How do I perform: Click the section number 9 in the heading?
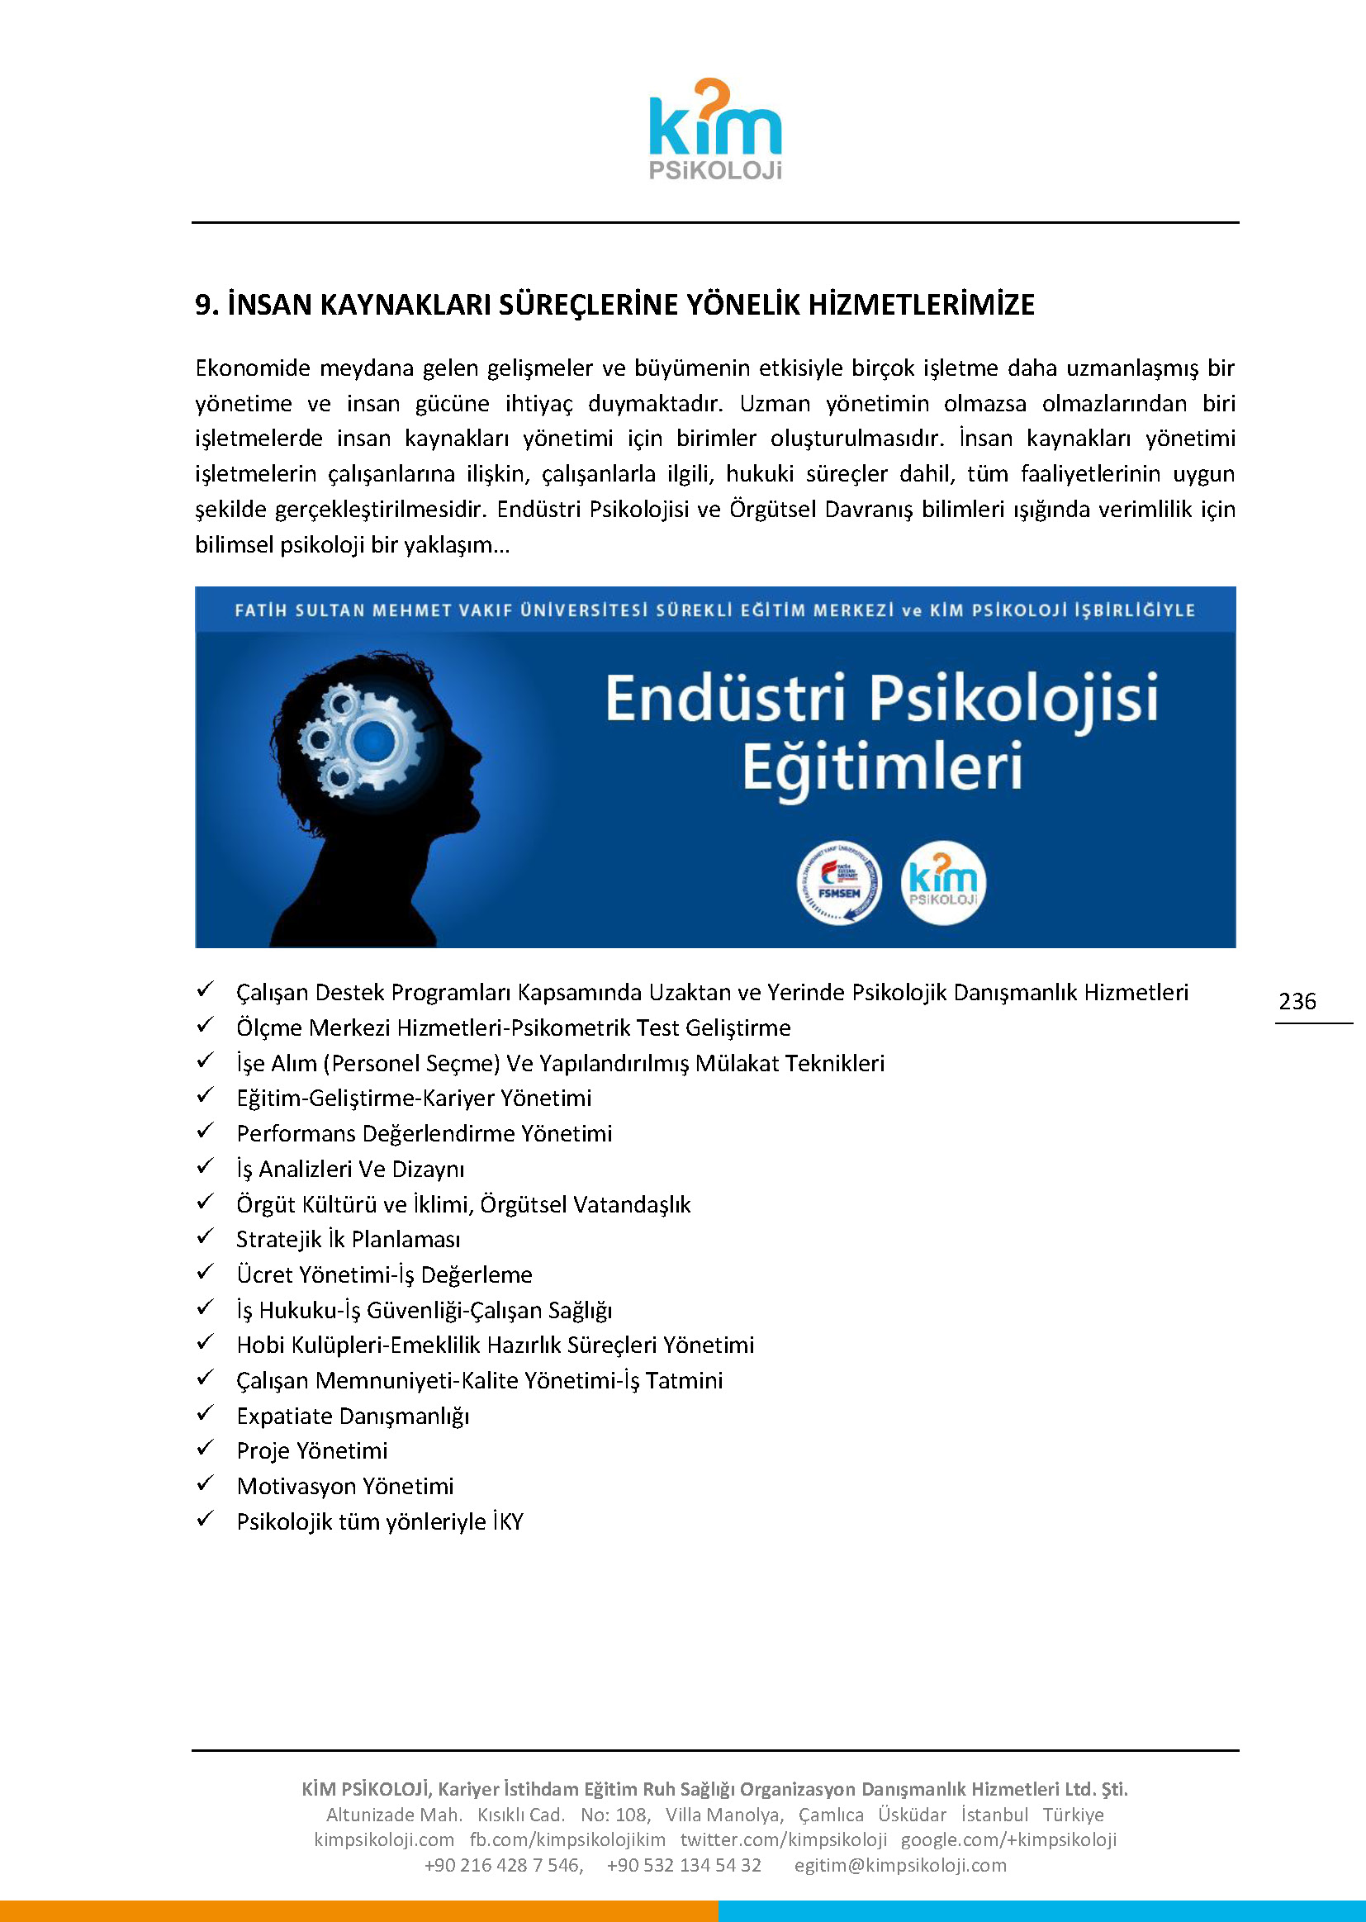(x=202, y=305)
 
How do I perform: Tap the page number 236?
(x=1296, y=1001)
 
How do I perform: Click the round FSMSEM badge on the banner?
(x=838, y=882)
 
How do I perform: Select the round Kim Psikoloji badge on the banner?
(x=943, y=882)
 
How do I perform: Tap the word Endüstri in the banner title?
(x=724, y=699)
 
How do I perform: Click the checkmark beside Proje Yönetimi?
(x=206, y=1448)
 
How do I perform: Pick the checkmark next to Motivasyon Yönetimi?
(x=206, y=1483)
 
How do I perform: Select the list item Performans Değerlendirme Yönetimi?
(x=424, y=1134)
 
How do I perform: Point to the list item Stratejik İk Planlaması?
(x=349, y=1239)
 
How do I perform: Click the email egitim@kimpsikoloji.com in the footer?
(x=900, y=1865)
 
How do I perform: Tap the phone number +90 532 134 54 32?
(x=683, y=1865)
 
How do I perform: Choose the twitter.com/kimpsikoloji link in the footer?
(x=783, y=1839)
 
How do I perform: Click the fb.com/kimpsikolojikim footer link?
(x=567, y=1839)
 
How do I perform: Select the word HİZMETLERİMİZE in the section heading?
(x=921, y=305)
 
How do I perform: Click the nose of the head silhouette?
(x=477, y=751)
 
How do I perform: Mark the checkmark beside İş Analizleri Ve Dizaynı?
(x=206, y=1165)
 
